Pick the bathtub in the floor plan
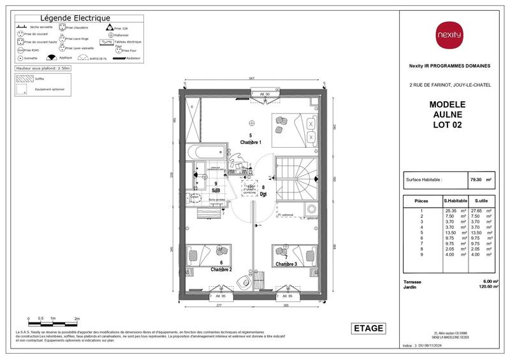(205, 154)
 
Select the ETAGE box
(369, 328)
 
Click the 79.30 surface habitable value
(473, 180)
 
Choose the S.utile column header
(479, 201)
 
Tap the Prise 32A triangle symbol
(108, 28)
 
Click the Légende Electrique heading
(75, 18)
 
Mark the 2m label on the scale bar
(77, 317)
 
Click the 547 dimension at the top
(252, 78)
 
